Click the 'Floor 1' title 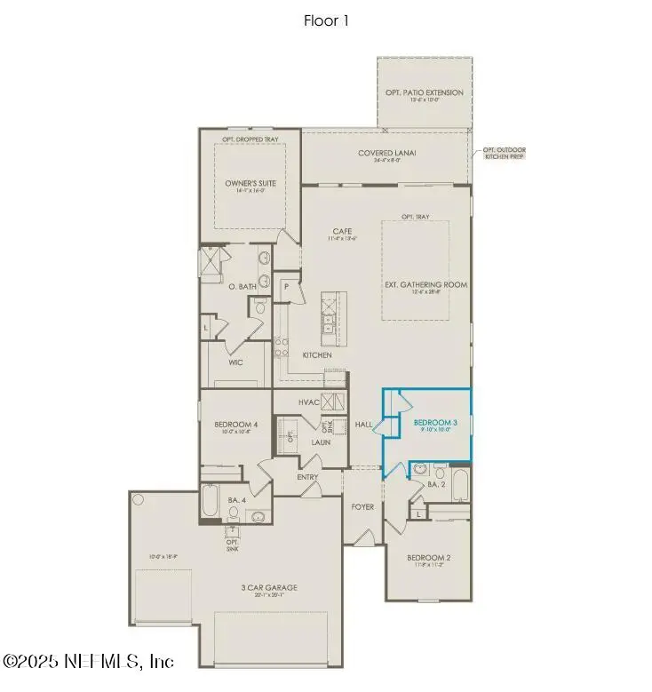pyautogui.click(x=325, y=20)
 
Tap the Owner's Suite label pyautogui.click(x=250, y=184)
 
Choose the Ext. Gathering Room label pyautogui.click(x=425, y=284)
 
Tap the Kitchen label pyautogui.click(x=317, y=355)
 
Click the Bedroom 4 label pyautogui.click(x=235, y=425)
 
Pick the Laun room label pyautogui.click(x=321, y=441)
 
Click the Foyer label pyautogui.click(x=362, y=506)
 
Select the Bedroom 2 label pyautogui.click(x=429, y=558)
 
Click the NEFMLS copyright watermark pyautogui.click(x=88, y=661)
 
